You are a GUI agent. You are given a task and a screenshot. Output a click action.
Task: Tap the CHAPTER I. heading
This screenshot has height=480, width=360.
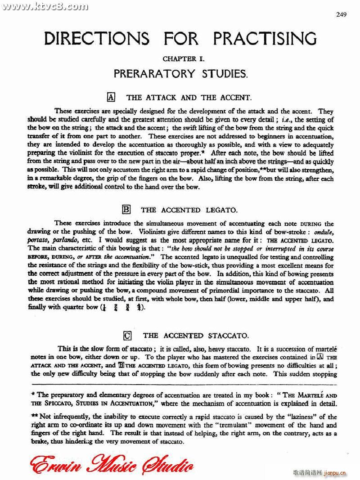click(180, 59)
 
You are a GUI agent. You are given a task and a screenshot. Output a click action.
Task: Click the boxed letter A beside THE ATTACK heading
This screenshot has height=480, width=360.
click(112, 97)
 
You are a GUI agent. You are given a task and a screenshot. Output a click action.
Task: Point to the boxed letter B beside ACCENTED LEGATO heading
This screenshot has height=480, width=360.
click(126, 209)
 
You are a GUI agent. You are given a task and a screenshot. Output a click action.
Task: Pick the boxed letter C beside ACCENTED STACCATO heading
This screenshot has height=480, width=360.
click(127, 335)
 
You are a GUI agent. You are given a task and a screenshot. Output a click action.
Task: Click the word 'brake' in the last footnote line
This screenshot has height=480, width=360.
click(40, 442)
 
